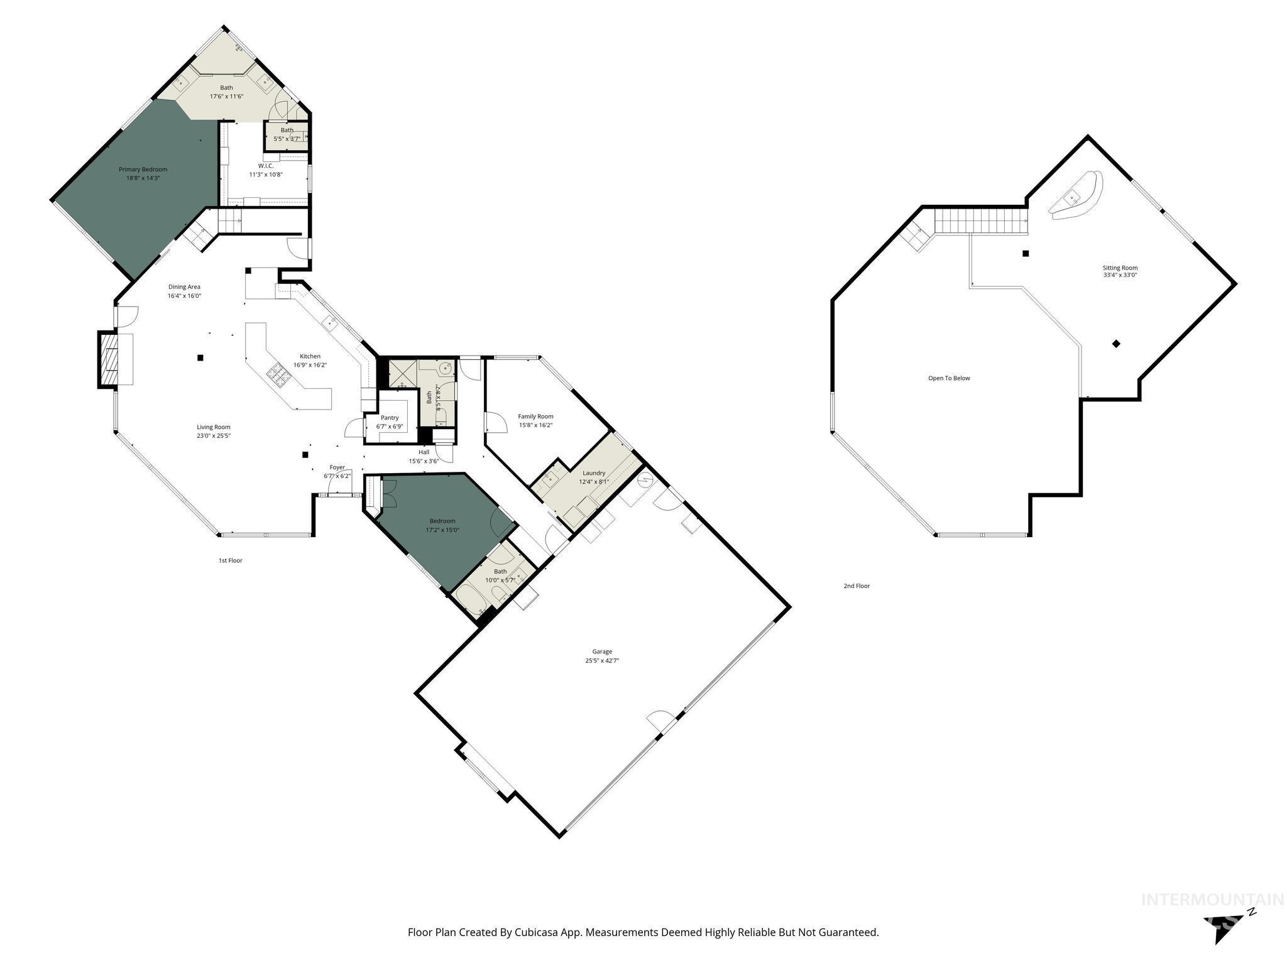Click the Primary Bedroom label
(x=143, y=169)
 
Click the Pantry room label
(x=390, y=418)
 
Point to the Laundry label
(x=594, y=473)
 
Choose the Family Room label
(x=535, y=416)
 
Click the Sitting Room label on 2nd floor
(x=1120, y=268)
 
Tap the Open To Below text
(x=949, y=378)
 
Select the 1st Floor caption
(x=230, y=560)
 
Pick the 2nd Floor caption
(x=857, y=586)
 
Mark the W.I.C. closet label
(x=266, y=166)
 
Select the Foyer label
(x=337, y=467)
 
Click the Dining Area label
(x=184, y=286)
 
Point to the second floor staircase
(x=980, y=221)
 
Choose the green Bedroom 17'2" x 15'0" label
(x=442, y=521)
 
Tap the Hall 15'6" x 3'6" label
(x=424, y=452)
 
